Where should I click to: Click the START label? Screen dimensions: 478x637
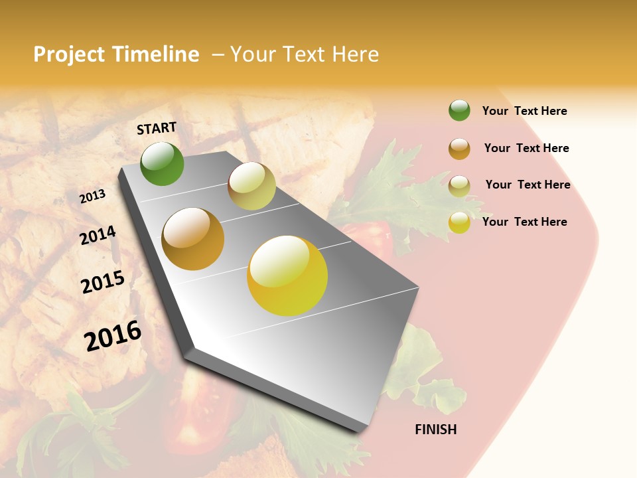pos(157,128)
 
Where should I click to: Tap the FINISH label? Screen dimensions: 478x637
pos(435,430)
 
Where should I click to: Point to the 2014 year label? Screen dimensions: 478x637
pos(98,235)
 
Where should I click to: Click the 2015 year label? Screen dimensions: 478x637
pos(103,282)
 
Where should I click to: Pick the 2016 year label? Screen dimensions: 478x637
pos(113,335)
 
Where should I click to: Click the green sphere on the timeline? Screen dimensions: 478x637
pos(162,163)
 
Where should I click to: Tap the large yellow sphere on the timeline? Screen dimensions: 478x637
pos(287,275)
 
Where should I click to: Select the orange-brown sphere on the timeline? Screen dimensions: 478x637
pos(192,239)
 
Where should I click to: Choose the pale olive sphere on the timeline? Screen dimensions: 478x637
pos(251,186)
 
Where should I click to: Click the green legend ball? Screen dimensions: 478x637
pos(459,110)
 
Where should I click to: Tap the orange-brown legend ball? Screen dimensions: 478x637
pos(459,148)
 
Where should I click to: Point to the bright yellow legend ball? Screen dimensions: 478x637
pos(459,222)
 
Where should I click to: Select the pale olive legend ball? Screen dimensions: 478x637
pos(459,185)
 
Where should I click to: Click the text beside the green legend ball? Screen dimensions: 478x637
pos(524,111)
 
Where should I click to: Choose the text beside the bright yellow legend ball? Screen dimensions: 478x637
pos(524,222)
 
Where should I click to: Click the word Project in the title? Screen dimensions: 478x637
pos(70,54)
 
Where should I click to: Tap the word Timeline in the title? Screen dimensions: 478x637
pos(155,54)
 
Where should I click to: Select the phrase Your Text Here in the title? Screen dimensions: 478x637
pos(305,54)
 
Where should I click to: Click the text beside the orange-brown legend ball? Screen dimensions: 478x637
pos(526,148)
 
